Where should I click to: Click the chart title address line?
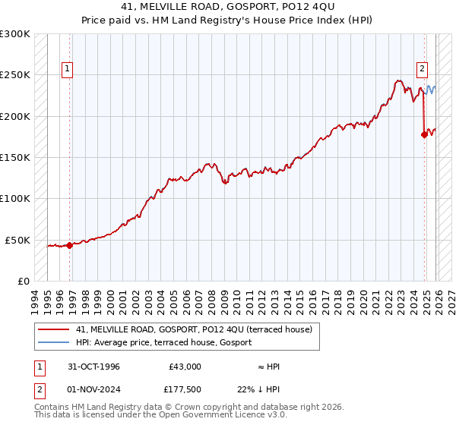(x=228, y=7)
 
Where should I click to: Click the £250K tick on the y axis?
(x=15, y=75)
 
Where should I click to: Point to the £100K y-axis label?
(x=15, y=198)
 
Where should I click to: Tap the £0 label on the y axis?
(x=24, y=281)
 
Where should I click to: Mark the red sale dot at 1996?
(x=69, y=245)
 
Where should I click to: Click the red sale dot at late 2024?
(x=423, y=135)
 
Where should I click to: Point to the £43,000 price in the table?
(x=185, y=367)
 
